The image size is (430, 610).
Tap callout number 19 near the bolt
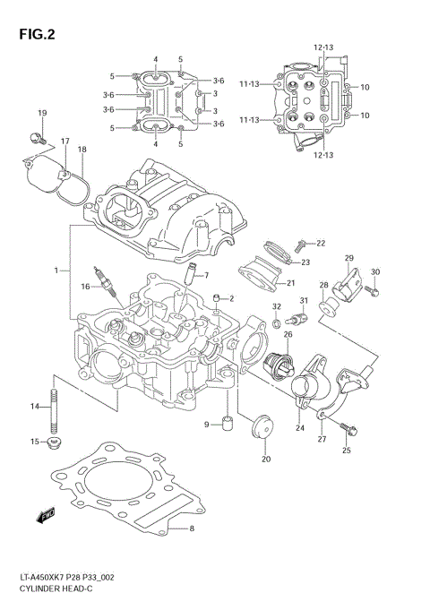[41, 112]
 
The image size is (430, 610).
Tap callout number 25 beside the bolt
[348, 450]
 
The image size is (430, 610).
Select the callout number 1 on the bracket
[56, 270]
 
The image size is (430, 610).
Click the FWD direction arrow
[44, 514]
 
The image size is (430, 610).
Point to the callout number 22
[321, 243]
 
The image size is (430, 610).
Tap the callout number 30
[375, 271]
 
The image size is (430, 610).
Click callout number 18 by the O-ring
[82, 150]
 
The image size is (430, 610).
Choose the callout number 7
[205, 275]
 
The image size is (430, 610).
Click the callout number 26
[288, 335]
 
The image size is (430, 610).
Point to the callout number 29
[348, 259]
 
